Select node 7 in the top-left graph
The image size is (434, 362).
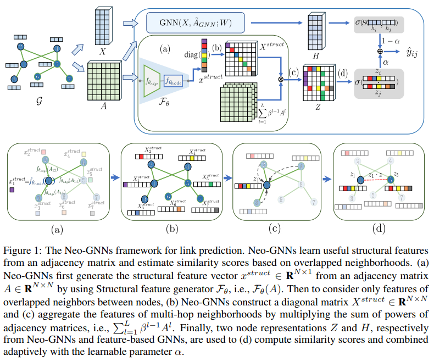pyautogui.click(x=69, y=79)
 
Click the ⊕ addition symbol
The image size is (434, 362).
pyautogui.click(x=379, y=51)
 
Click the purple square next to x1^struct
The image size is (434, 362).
pyautogui.click(x=12, y=190)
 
